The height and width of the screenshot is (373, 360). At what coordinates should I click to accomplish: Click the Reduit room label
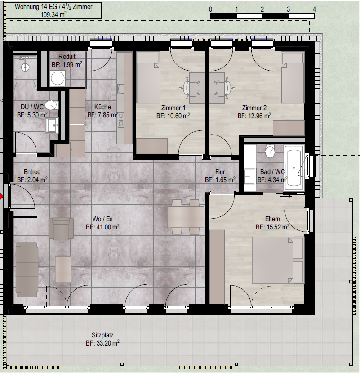click(x=67, y=57)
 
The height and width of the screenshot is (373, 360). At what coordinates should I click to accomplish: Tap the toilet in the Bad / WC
click(x=270, y=151)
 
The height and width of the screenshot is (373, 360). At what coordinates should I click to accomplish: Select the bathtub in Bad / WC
click(x=294, y=168)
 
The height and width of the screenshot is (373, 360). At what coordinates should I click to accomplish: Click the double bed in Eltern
click(x=278, y=260)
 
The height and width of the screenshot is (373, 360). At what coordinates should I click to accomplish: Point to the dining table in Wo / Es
click(x=185, y=217)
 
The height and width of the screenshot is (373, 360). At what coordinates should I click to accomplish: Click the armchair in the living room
click(x=61, y=228)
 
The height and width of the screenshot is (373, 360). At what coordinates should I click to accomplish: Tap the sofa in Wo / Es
click(x=27, y=270)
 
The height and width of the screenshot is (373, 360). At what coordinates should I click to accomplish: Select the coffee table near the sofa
click(x=63, y=269)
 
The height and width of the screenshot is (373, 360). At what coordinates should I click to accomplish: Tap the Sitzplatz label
click(x=102, y=335)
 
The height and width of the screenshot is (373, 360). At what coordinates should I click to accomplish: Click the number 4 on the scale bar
click(x=314, y=9)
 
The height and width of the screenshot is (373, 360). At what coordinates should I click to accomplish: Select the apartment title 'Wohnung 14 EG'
click(x=36, y=7)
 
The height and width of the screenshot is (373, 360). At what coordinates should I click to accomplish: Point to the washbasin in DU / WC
click(x=52, y=126)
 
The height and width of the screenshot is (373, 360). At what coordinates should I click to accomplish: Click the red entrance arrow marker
click(x=1, y=197)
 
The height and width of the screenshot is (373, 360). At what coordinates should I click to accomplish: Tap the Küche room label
click(x=102, y=107)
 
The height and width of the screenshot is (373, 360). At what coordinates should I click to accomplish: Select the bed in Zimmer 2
click(x=293, y=78)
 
